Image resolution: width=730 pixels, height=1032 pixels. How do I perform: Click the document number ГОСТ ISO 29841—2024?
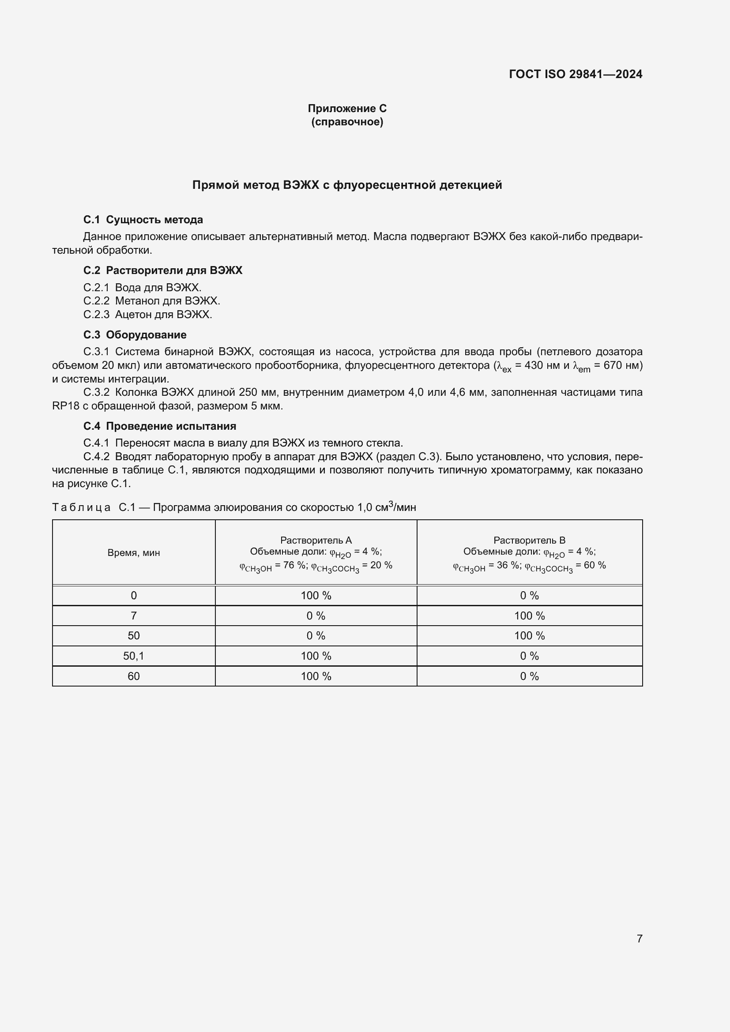(x=576, y=74)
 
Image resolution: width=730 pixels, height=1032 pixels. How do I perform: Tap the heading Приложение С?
(x=347, y=109)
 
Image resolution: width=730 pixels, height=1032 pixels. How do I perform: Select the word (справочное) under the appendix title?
(x=347, y=122)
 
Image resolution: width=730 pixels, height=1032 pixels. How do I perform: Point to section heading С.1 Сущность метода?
(x=143, y=220)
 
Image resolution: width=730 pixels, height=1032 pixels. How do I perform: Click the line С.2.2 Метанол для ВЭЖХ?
(x=151, y=301)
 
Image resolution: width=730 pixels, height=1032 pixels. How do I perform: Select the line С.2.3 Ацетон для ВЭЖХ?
(x=147, y=314)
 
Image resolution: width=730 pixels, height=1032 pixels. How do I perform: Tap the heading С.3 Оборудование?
(x=135, y=334)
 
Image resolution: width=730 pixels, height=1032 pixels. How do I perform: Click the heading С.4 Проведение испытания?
(x=160, y=426)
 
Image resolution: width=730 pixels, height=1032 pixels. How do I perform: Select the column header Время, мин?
(x=133, y=553)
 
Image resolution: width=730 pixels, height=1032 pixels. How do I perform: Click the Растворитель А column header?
(x=316, y=540)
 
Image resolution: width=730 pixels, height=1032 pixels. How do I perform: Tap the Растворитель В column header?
(x=529, y=540)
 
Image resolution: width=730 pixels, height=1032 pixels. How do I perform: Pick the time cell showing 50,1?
(x=133, y=656)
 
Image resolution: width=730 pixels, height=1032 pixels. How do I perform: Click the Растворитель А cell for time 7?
(x=316, y=616)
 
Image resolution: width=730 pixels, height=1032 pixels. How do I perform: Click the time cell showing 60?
(x=133, y=676)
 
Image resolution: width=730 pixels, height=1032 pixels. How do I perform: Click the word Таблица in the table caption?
(x=81, y=507)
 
